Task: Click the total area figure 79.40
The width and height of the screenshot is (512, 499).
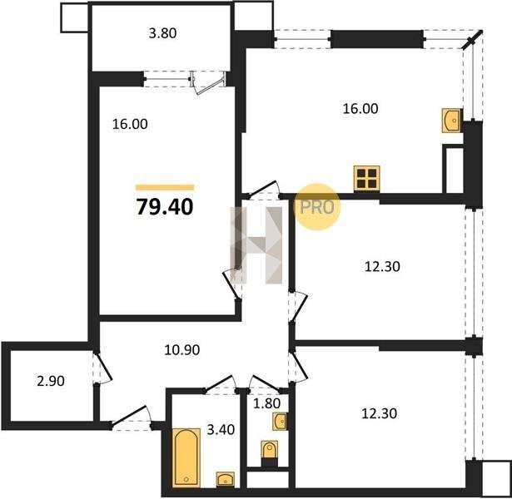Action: click(165, 207)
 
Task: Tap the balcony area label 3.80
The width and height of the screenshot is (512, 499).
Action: click(162, 33)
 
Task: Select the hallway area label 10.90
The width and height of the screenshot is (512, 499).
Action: click(182, 350)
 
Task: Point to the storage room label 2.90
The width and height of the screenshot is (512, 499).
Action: click(51, 381)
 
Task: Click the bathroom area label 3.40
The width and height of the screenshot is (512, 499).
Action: click(221, 429)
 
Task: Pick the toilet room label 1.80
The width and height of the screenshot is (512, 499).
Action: click(266, 403)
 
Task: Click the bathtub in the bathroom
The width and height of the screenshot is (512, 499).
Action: click(186, 458)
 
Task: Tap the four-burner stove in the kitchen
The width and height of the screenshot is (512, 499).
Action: click(366, 178)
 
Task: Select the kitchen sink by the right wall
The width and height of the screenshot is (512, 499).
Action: click(451, 121)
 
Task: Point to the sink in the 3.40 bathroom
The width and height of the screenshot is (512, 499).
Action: click(226, 479)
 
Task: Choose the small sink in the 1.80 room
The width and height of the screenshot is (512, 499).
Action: click(280, 422)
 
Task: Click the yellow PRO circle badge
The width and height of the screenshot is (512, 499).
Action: click(316, 207)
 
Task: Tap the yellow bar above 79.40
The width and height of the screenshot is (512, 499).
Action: click(165, 187)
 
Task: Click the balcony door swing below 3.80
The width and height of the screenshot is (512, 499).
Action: click(209, 83)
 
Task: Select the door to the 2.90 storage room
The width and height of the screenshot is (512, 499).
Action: click(104, 367)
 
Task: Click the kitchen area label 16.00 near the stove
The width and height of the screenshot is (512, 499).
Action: click(360, 109)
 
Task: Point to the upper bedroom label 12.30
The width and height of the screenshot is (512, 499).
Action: click(382, 267)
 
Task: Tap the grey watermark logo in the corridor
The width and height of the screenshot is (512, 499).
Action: click(256, 245)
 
